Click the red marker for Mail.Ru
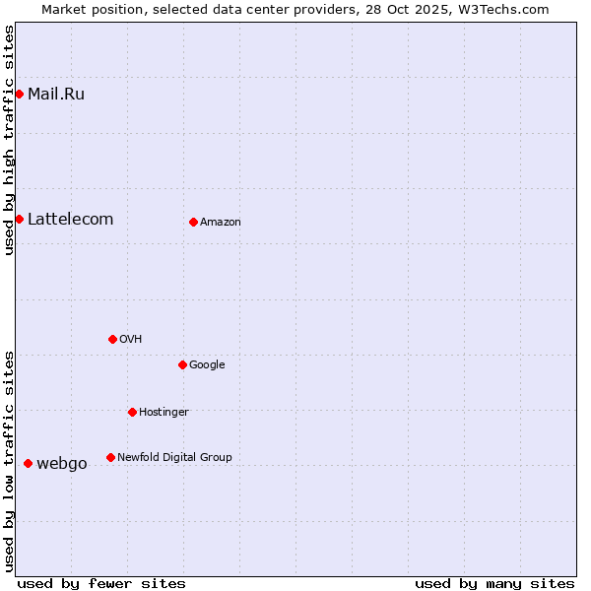click(19, 94)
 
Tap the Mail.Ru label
click(56, 95)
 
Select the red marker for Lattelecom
click(19, 219)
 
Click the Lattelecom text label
click(70, 220)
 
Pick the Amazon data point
click(193, 222)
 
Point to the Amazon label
click(221, 223)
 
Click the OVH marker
click(112, 339)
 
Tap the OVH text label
click(131, 340)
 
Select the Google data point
click(182, 364)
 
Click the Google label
click(207, 365)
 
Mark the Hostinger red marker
click(132, 412)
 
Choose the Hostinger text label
click(164, 413)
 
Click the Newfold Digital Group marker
click(110, 457)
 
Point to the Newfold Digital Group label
click(174, 458)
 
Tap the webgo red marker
click(28, 463)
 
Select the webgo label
click(62, 464)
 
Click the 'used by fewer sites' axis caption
click(101, 583)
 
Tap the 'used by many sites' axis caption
click(494, 583)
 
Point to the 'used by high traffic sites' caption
click(9, 140)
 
